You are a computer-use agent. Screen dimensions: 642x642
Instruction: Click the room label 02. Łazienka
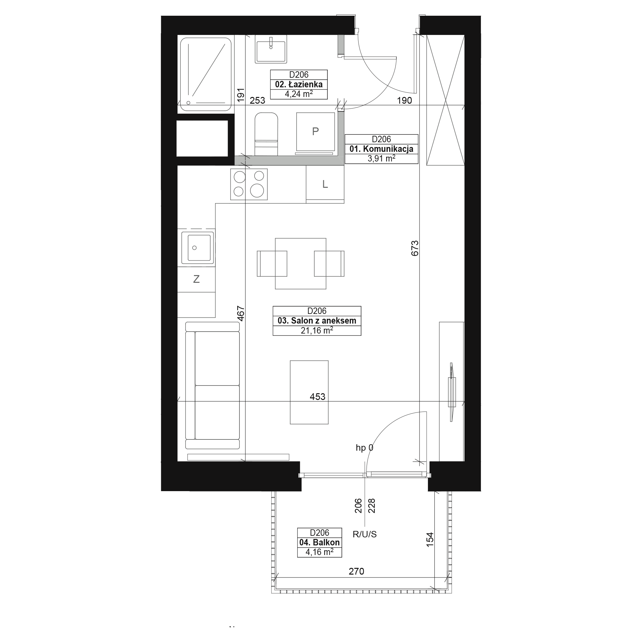click(299, 84)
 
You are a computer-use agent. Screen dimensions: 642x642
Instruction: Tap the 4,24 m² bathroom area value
click(299, 94)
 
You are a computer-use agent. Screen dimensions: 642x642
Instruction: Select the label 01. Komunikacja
click(381, 149)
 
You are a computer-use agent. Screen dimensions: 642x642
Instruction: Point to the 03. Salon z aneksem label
click(317, 321)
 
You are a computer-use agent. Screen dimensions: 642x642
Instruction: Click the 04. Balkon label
click(319, 542)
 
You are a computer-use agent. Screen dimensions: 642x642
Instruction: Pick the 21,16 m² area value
click(317, 330)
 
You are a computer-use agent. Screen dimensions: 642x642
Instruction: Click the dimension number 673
click(415, 248)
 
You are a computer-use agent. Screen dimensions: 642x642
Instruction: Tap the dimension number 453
click(317, 396)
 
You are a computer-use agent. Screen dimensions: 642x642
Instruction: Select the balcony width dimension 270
click(356, 571)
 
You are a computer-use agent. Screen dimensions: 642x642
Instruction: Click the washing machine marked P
click(315, 132)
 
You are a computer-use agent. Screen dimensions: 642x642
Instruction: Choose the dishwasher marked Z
click(196, 279)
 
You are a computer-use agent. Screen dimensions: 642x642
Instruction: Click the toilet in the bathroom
click(266, 134)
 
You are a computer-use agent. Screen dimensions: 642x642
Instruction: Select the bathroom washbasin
click(271, 49)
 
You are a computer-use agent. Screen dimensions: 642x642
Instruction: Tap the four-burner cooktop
click(249, 184)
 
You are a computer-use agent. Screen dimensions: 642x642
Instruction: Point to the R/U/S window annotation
click(365, 534)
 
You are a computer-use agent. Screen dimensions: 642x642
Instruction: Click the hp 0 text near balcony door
click(364, 447)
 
